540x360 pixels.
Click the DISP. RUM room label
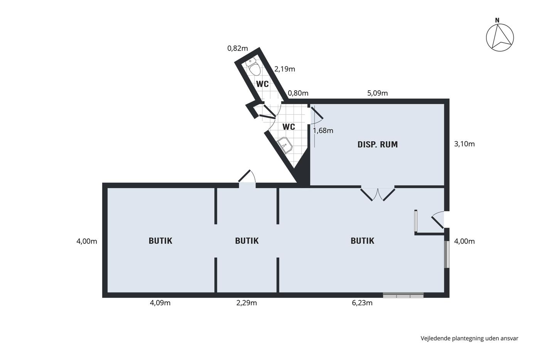[x=378, y=144]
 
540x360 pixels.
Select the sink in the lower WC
[x=285, y=145]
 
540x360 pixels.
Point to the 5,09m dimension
[x=377, y=93]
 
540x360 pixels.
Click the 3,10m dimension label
[x=464, y=144]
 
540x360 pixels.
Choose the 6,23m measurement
[x=362, y=303]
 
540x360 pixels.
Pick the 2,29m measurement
[x=246, y=303]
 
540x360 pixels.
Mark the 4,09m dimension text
[x=160, y=303]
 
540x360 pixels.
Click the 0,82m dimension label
[x=238, y=49]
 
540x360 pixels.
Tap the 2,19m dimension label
[x=285, y=69]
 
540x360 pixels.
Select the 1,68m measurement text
[x=323, y=131]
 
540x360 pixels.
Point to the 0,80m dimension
[x=298, y=93]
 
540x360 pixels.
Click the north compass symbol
[x=500, y=37]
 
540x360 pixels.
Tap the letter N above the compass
[x=497, y=20]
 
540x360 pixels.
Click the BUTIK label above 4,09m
[x=160, y=241]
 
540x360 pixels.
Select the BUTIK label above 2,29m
[x=247, y=241]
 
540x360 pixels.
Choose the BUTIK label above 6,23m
[x=362, y=241]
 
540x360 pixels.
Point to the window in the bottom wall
[x=403, y=295]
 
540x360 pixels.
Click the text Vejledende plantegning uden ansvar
[x=469, y=338]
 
